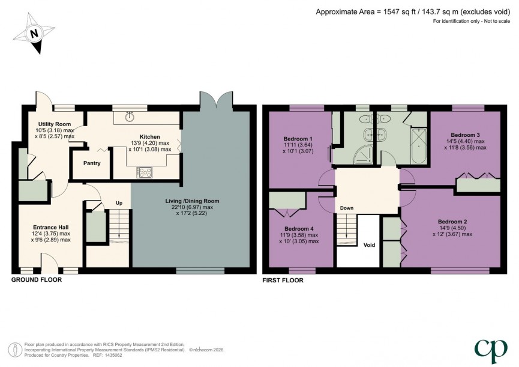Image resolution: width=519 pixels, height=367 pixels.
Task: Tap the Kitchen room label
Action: pyautogui.click(x=149, y=136)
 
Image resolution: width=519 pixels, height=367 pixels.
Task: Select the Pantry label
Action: pyautogui.click(x=92, y=163)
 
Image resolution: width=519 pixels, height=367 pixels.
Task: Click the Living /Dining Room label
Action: pyautogui.click(x=193, y=201)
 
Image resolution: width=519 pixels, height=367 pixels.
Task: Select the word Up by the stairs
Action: pyautogui.click(x=119, y=203)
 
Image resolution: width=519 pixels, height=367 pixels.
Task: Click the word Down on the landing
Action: pyautogui.click(x=347, y=208)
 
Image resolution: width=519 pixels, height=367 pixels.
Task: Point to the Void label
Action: pyautogui.click(x=370, y=245)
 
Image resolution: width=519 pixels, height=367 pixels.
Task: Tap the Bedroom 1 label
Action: pyautogui.click(x=298, y=138)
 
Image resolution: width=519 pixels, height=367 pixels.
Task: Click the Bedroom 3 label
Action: pyautogui.click(x=465, y=135)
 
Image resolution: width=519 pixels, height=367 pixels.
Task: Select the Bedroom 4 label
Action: pyautogui.click(x=298, y=229)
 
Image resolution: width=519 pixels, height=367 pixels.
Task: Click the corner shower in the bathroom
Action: pyautogui.click(x=360, y=155)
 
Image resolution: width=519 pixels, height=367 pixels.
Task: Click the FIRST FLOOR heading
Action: pyautogui.click(x=283, y=280)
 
